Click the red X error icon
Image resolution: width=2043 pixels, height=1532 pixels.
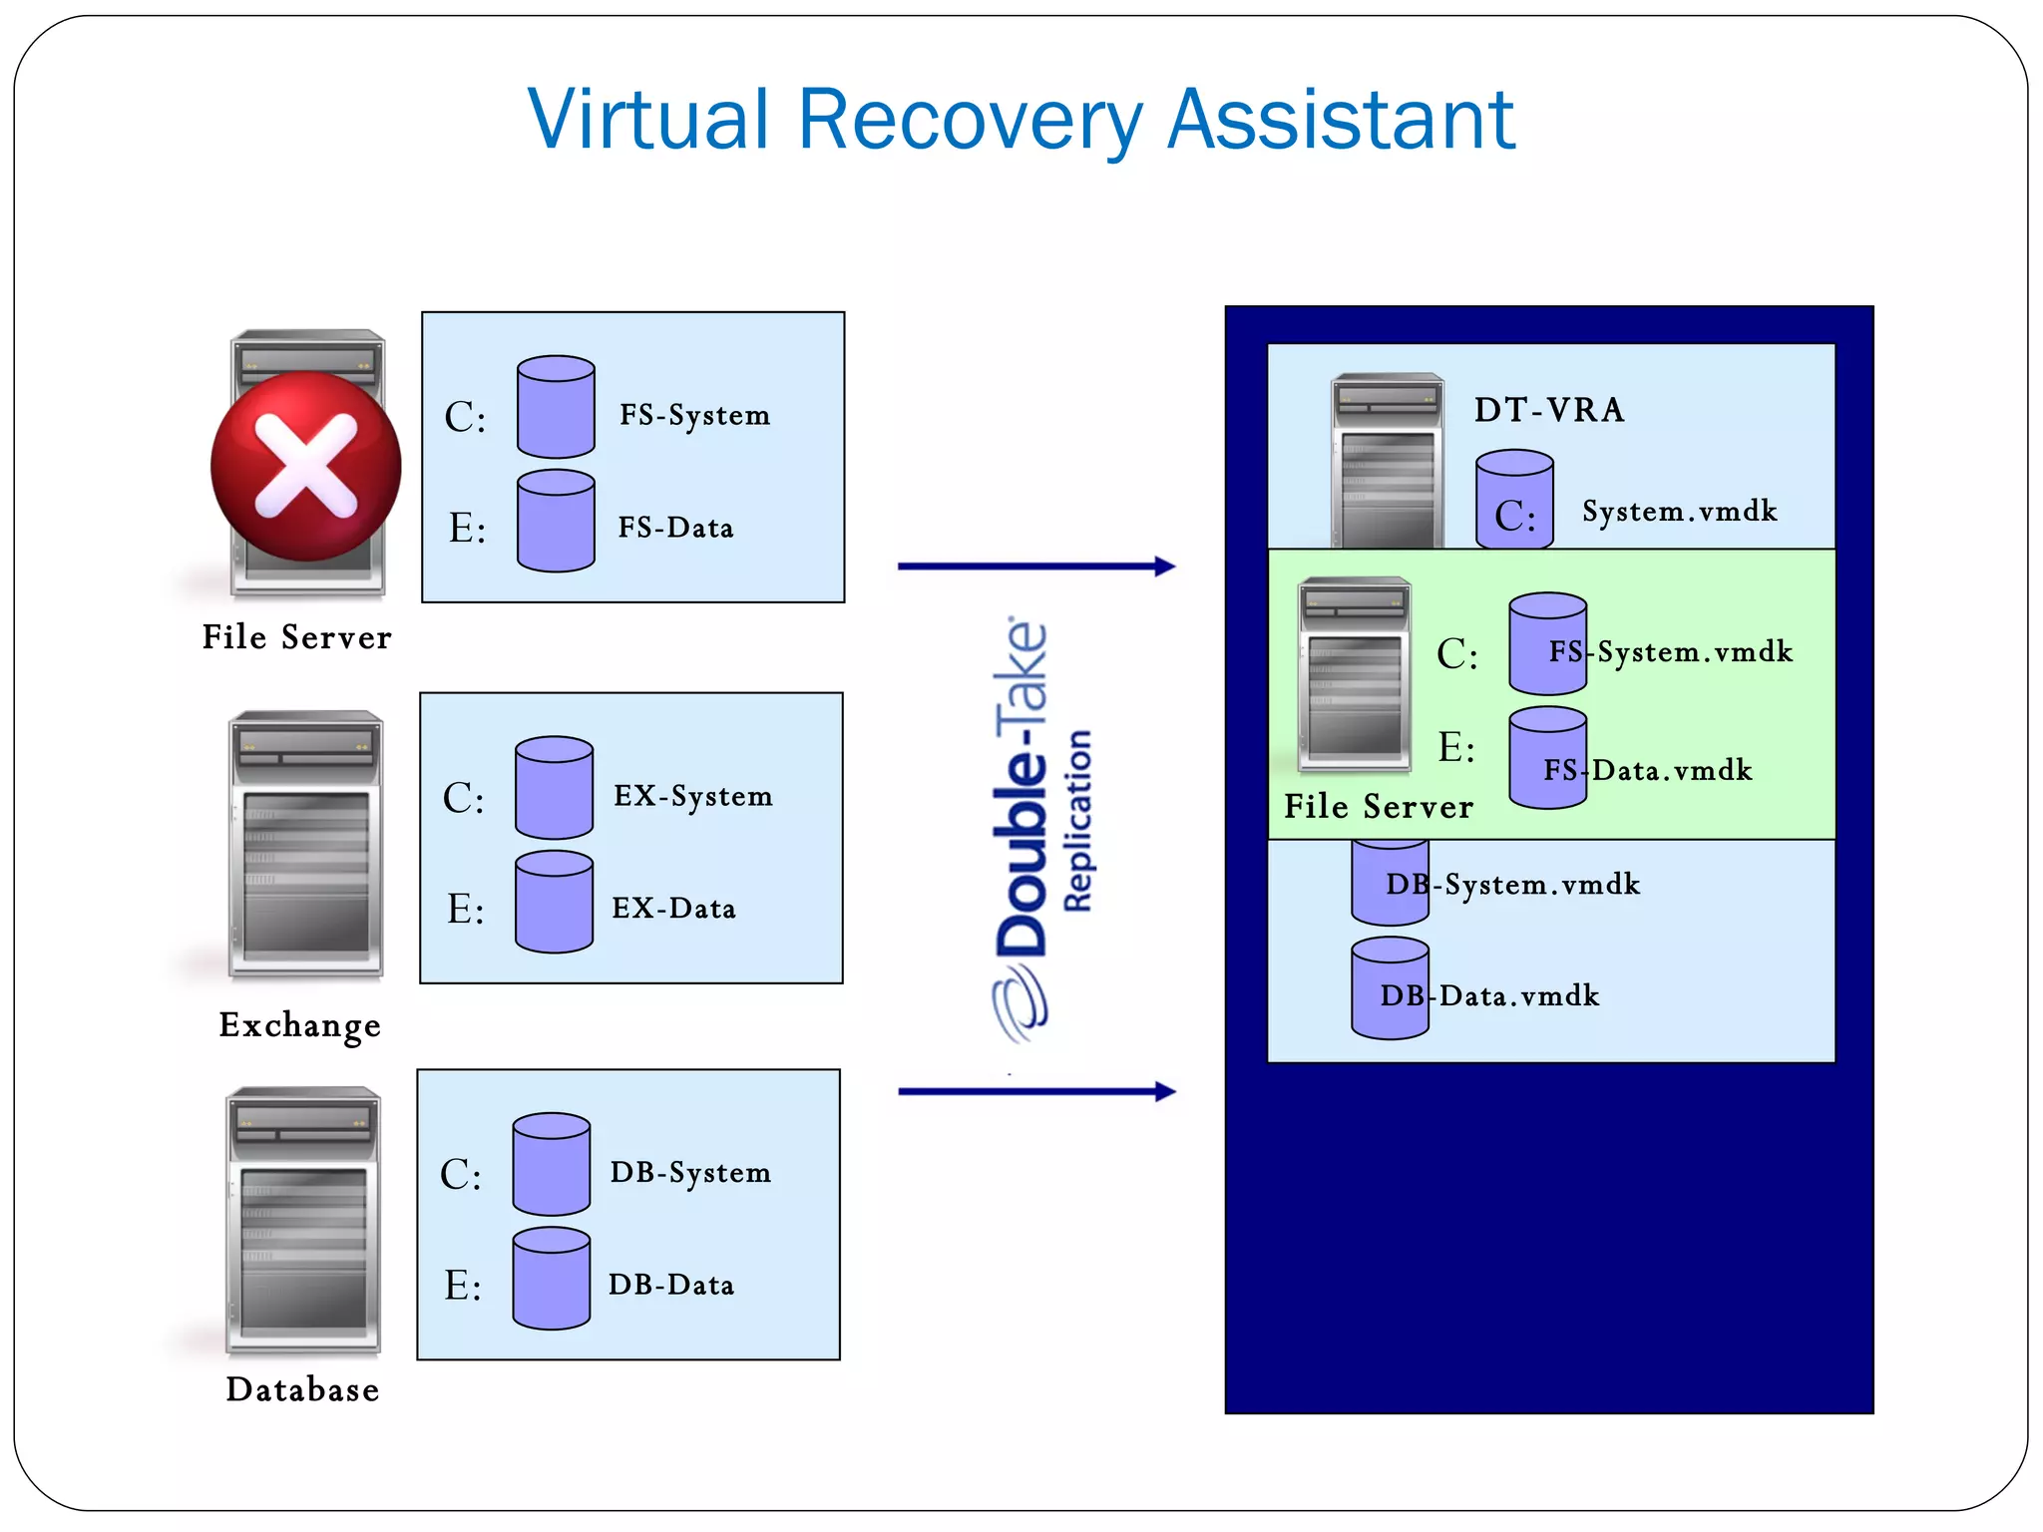click(305, 467)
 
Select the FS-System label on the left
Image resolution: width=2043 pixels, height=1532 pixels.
click(694, 415)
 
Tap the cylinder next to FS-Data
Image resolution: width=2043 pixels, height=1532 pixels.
click(556, 522)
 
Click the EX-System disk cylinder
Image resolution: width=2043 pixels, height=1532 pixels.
click(554, 788)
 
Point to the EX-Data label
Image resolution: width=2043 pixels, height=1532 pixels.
click(673, 909)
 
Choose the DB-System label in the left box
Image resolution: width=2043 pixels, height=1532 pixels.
click(690, 1172)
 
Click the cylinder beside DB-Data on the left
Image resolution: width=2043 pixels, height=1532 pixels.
click(551, 1279)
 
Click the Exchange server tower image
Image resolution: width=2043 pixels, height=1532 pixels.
click(305, 845)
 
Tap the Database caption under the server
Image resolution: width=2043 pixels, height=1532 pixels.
click(302, 1389)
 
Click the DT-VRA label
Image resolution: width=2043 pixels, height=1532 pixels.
click(1549, 410)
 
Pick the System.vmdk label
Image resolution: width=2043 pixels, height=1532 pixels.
click(1679, 512)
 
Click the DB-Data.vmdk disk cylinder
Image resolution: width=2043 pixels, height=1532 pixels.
click(1390, 987)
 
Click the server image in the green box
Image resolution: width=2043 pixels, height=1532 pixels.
click(1354, 675)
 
